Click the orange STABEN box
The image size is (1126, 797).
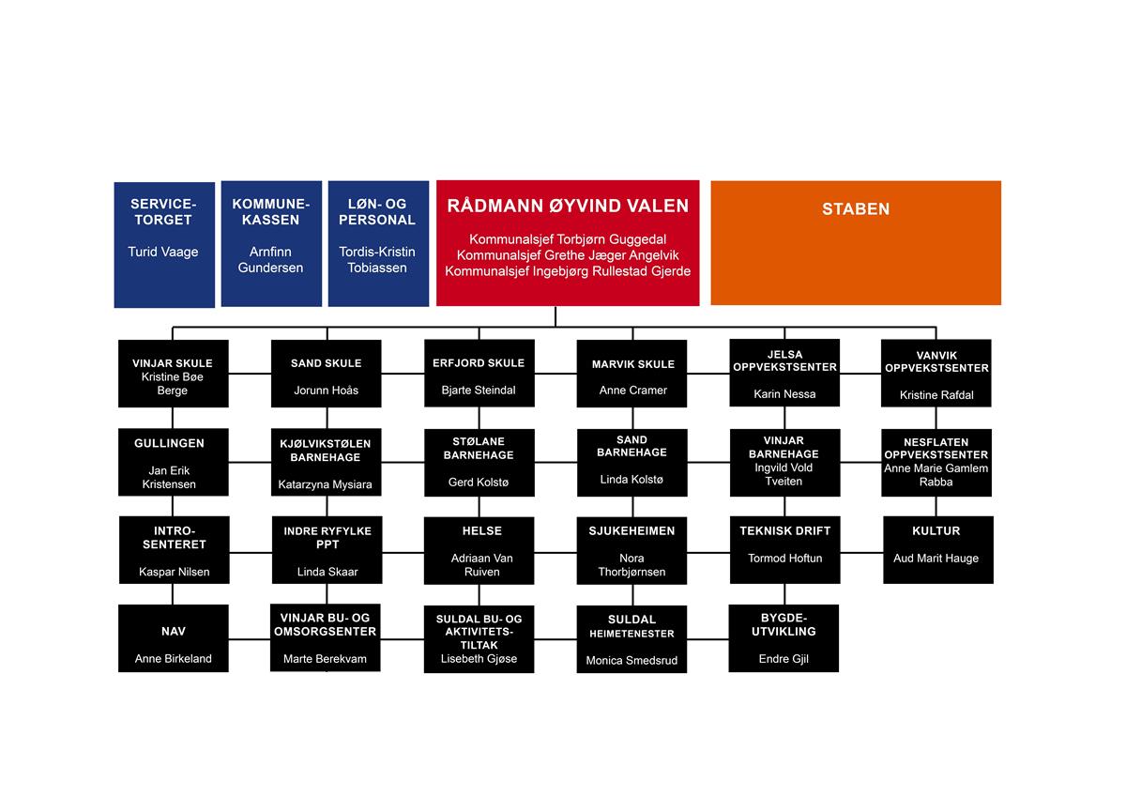[x=856, y=243]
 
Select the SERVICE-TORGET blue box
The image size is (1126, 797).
[x=164, y=244]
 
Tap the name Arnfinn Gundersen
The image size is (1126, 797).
[x=270, y=259]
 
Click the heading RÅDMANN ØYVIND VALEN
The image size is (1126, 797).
[x=568, y=206]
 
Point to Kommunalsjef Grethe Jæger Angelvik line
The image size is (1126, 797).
[x=568, y=255]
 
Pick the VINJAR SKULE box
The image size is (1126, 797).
[x=174, y=374]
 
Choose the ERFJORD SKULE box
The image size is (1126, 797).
[x=479, y=373]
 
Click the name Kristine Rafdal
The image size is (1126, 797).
[x=936, y=395]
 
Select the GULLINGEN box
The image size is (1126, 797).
[x=174, y=462]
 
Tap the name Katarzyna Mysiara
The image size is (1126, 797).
[x=326, y=484]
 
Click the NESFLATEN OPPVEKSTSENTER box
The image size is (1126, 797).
[x=936, y=463]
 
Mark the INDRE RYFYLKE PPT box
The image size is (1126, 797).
[x=327, y=550]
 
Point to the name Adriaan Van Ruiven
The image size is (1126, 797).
[x=481, y=565]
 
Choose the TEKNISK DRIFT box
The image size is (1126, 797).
[x=785, y=550]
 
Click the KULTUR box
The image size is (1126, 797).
[x=938, y=550]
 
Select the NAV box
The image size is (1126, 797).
[x=174, y=638]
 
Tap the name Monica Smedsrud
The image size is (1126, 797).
[x=631, y=660]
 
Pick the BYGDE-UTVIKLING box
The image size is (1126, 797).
[x=784, y=638]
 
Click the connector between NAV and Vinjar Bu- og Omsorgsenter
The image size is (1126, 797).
[x=250, y=639]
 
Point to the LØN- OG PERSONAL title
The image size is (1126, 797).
[x=377, y=212]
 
